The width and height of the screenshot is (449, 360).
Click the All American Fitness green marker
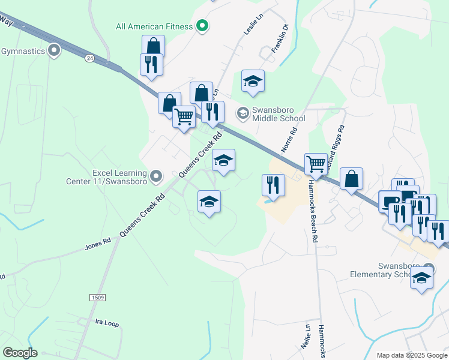(x=202, y=26)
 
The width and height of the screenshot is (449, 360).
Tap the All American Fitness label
(x=155, y=26)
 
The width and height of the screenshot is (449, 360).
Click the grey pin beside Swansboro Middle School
(x=243, y=112)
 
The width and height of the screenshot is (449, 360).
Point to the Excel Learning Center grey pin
(x=156, y=176)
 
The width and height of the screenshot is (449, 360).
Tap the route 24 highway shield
(x=89, y=58)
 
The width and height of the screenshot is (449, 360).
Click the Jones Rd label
(x=98, y=244)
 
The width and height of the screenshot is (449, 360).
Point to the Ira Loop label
(x=107, y=323)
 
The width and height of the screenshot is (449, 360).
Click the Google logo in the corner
(x=20, y=353)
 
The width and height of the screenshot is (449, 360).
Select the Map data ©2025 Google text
(x=412, y=355)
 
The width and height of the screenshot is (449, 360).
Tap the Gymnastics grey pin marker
(x=55, y=51)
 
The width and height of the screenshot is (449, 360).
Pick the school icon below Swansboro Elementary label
(x=422, y=278)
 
